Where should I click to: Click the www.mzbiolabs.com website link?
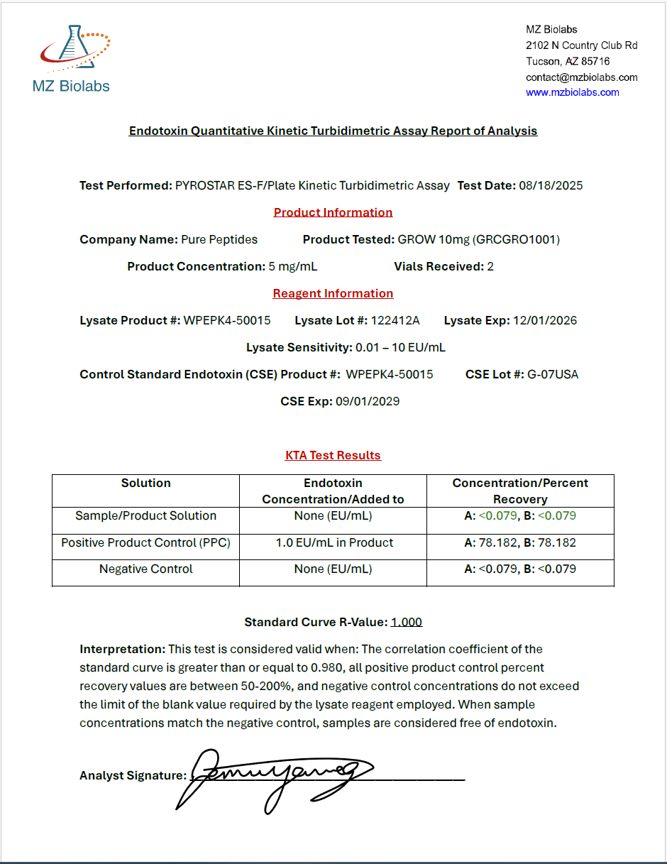572,92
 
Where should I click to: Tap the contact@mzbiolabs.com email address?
581,77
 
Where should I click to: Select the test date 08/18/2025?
551,186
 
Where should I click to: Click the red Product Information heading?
333,212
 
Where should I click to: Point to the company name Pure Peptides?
219,240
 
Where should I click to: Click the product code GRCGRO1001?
519,240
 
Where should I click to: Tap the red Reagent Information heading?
333,294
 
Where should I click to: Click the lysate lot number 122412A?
395,321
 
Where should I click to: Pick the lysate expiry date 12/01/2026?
545,321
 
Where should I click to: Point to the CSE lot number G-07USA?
553,375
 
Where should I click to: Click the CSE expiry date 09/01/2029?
367,402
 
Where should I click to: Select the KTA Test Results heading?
333,456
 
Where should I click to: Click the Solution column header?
145,483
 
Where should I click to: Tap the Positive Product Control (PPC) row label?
145,543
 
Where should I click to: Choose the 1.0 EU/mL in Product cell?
334,543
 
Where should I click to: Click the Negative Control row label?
145,569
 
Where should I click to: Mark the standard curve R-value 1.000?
407,623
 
